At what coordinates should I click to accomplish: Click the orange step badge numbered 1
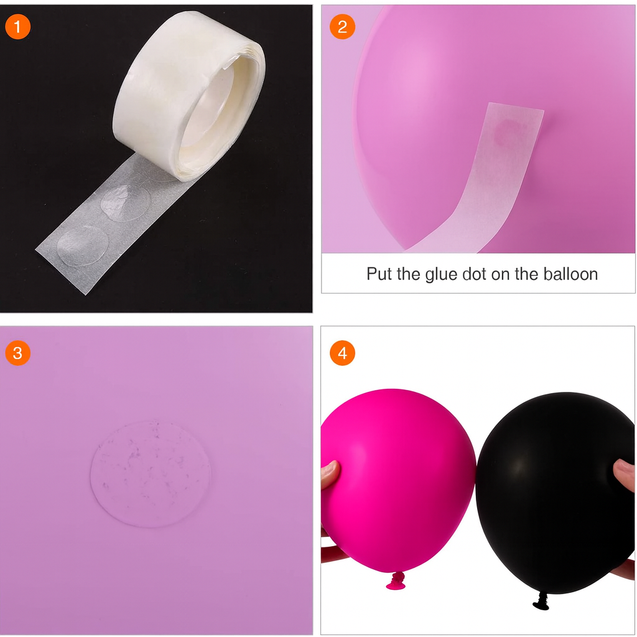[x=17, y=27]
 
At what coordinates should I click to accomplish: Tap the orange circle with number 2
[x=342, y=27]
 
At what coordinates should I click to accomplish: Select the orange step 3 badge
[x=17, y=353]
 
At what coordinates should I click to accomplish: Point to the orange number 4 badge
[x=342, y=353]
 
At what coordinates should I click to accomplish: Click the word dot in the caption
[x=475, y=274]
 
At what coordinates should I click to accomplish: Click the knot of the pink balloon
[x=396, y=580]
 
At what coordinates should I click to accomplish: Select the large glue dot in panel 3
[x=151, y=473]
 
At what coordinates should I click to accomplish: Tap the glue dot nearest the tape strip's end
[x=83, y=245]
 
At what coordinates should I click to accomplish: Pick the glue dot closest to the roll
[x=126, y=203]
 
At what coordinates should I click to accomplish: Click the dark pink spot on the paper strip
[x=506, y=133]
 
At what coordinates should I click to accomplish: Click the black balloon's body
[x=554, y=493]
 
